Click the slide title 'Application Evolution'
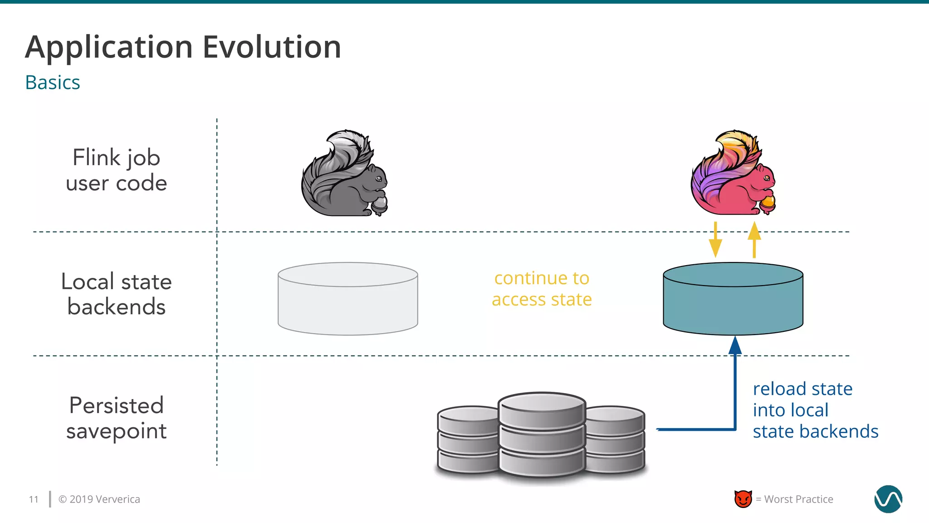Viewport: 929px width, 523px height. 183,47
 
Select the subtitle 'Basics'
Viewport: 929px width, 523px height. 53,83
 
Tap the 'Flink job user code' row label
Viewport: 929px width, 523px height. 117,170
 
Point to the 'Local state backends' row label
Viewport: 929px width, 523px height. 117,294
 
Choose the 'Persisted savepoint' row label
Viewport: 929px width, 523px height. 117,418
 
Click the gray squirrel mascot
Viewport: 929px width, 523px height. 343,175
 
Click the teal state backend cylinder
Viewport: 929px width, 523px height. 733,300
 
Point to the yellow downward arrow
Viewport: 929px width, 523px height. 715,241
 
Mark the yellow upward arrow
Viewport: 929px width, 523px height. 754,240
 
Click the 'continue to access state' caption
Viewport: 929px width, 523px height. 542,289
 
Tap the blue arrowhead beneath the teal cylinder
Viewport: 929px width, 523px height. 735,346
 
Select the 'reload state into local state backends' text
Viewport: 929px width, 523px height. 815,410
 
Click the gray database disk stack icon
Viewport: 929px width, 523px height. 541,435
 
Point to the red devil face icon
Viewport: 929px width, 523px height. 743,499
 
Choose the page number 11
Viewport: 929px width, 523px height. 34,499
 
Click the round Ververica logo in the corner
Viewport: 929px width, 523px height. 888,499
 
